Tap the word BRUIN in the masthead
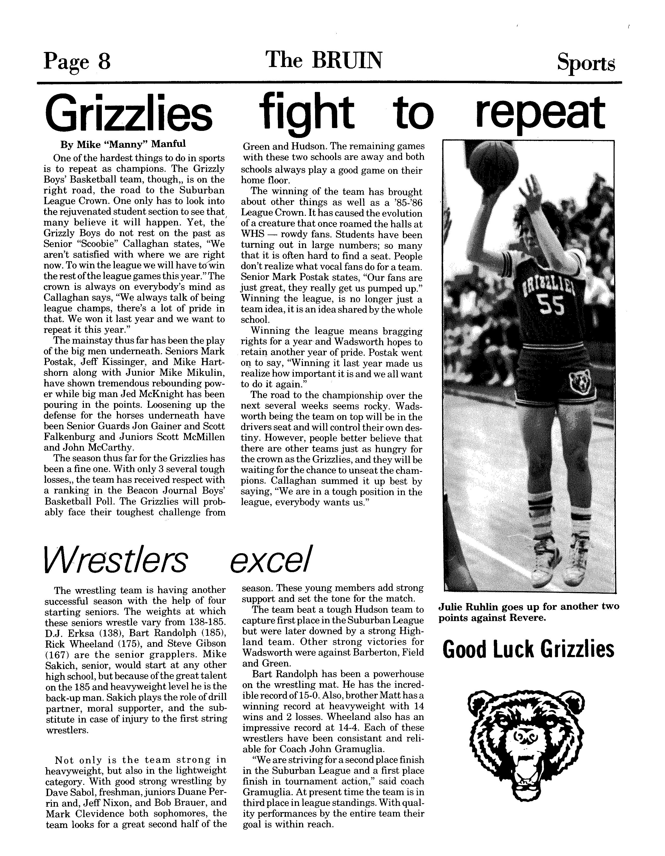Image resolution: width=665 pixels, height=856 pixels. [x=347, y=60]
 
